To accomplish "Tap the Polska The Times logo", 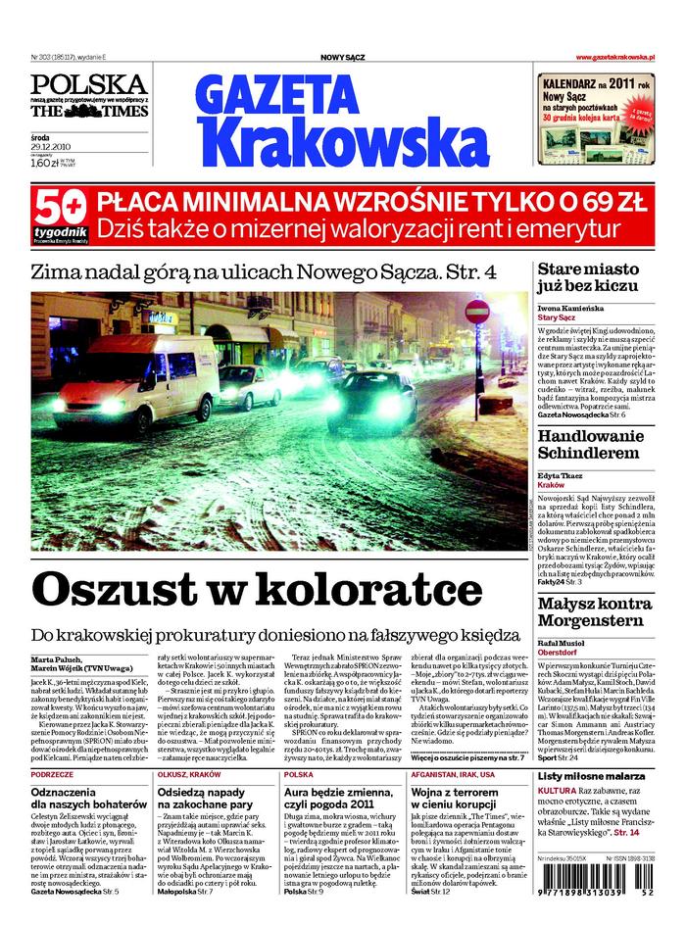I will pyautogui.click(x=88, y=96).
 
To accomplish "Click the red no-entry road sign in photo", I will pyautogui.click(x=477, y=312).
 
